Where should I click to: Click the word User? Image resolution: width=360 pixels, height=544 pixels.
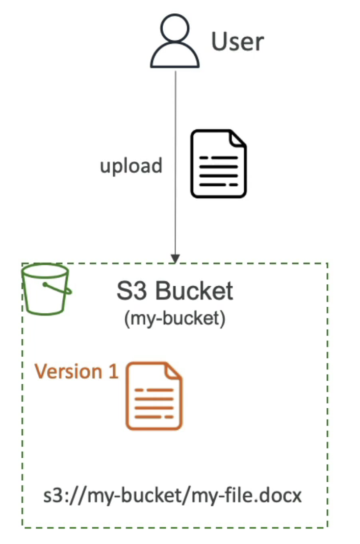coord(238,41)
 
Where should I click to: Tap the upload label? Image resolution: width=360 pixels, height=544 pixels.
coord(131,166)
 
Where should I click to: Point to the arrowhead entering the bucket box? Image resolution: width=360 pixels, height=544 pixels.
coord(175,259)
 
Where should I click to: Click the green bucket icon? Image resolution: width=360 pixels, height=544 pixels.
coord(46,289)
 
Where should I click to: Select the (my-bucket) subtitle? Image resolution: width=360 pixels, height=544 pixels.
coord(174,319)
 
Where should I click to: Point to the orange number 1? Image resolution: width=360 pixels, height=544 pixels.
coord(113,371)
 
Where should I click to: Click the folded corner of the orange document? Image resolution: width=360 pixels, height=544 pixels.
coord(174,370)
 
